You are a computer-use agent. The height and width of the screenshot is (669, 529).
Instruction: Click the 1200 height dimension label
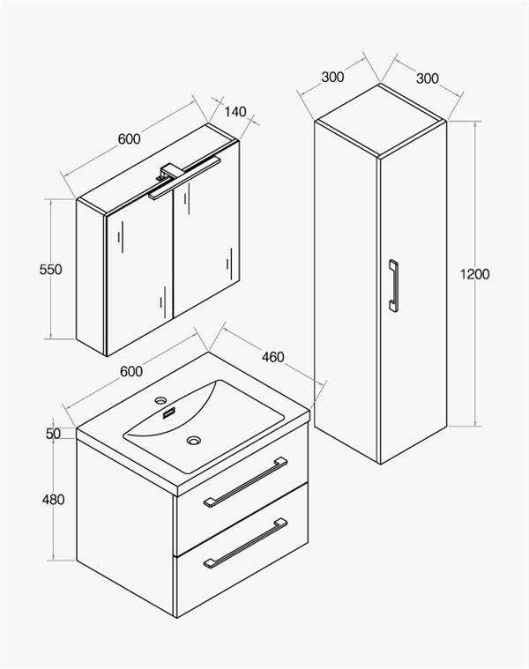point(474,274)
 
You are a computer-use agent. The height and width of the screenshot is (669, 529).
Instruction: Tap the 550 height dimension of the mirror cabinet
point(50,270)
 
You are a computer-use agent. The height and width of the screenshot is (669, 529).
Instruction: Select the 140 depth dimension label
point(235,112)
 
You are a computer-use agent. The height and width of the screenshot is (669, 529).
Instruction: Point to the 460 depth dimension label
point(272,357)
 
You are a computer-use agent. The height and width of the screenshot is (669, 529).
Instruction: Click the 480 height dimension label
point(53,499)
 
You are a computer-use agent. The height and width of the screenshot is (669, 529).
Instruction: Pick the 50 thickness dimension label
point(53,434)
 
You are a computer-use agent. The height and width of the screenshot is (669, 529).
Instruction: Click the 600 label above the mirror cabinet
point(129,139)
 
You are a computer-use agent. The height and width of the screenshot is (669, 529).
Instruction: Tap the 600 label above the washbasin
point(131,372)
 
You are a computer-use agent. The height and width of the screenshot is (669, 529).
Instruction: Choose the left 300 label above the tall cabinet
point(332,78)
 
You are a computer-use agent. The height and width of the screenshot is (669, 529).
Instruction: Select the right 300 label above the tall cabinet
point(427,78)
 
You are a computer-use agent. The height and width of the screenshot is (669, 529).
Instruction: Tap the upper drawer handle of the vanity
point(245,482)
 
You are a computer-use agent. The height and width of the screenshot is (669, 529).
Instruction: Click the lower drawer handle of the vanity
point(245,543)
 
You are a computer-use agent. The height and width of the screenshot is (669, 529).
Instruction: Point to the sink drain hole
point(194,440)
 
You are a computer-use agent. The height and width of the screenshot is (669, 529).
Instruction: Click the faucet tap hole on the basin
point(160,400)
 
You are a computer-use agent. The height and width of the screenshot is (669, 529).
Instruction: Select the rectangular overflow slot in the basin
point(169,413)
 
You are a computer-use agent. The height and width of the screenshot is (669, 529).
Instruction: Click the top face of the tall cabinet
point(381,121)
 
